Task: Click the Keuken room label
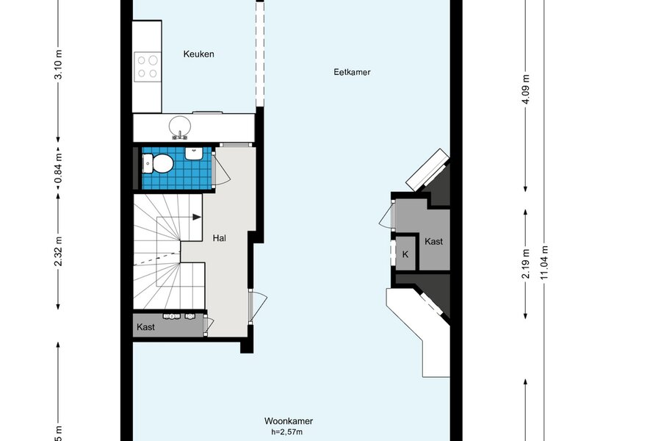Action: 198,54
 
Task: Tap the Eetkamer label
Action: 352,72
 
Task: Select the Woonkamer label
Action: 289,420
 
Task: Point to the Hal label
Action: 219,238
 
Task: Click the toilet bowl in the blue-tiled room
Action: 158,164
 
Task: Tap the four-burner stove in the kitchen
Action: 148,67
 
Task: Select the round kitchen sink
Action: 180,126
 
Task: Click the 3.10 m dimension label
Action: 59,64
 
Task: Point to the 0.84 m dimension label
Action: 59,168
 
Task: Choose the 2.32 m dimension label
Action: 59,251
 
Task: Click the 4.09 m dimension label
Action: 526,89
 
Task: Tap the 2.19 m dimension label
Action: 526,264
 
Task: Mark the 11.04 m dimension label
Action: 544,262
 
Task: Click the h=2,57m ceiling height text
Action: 286,431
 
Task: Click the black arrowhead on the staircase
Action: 197,217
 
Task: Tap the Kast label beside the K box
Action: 434,241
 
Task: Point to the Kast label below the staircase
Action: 145,327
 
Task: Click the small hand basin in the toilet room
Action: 193,154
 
